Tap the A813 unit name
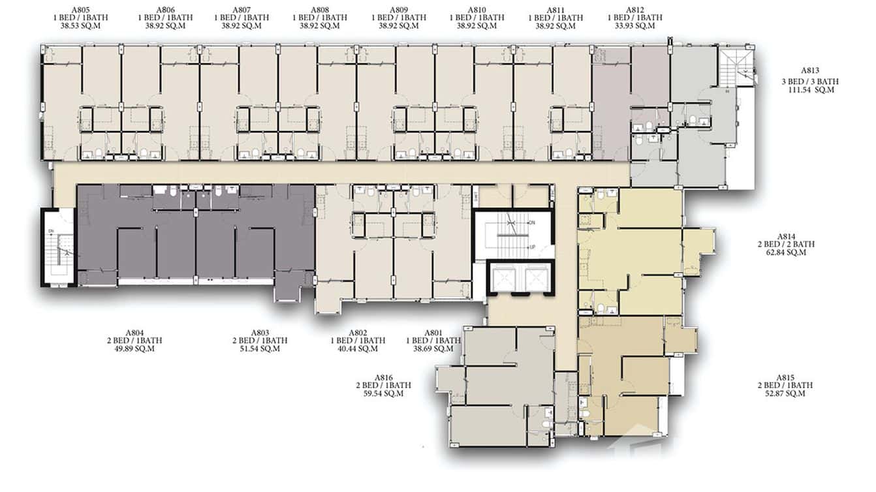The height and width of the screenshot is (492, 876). (x=811, y=70)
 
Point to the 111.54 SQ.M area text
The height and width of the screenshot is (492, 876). (x=811, y=89)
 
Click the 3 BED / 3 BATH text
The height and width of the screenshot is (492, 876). (x=811, y=81)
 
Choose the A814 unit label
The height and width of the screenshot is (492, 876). (x=786, y=236)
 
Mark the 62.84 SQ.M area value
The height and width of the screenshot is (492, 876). (x=786, y=253)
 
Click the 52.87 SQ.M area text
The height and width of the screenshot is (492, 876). (x=786, y=394)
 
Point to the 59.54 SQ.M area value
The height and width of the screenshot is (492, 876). (x=384, y=394)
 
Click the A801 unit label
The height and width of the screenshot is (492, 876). (x=433, y=333)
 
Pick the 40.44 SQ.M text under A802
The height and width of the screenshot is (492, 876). (x=358, y=349)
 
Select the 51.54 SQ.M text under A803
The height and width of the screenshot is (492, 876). (x=260, y=349)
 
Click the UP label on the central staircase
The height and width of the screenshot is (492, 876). (x=533, y=247)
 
